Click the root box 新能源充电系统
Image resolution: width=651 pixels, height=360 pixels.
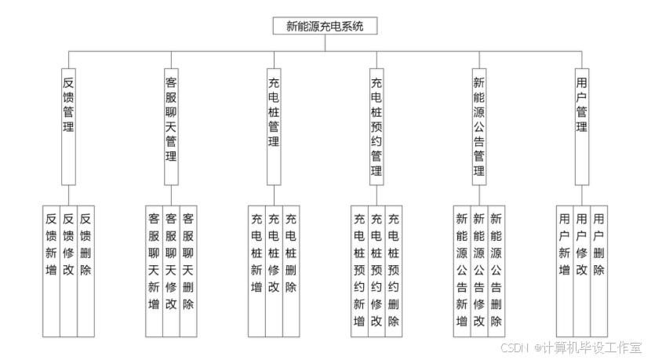click(325, 26)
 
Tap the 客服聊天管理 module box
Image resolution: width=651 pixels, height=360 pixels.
click(171, 118)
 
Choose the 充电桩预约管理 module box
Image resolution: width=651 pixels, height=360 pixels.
click(376, 125)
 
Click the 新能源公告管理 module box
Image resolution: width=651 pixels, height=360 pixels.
click(478, 125)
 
